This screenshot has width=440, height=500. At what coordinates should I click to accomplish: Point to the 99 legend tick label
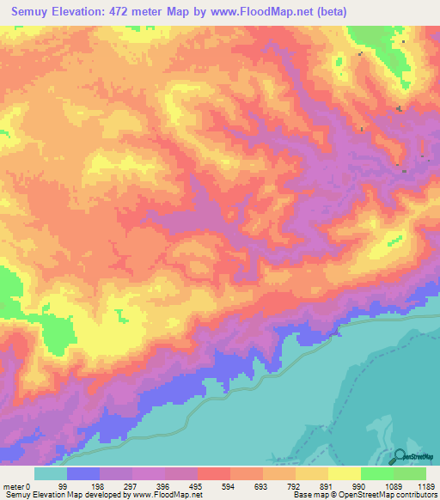(63, 485)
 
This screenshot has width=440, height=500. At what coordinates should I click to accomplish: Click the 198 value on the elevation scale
(96, 485)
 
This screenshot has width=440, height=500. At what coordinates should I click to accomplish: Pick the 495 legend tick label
(195, 485)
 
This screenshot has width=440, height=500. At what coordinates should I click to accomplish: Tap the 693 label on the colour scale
(261, 485)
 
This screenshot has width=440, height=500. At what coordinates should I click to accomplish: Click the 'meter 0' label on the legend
(16, 485)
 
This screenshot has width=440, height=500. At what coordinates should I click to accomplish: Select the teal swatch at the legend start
(51, 473)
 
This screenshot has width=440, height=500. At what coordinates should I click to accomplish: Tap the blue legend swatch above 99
(83, 473)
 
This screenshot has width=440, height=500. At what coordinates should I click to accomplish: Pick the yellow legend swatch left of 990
(344, 473)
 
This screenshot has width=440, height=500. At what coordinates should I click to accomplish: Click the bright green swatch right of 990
(376, 473)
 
